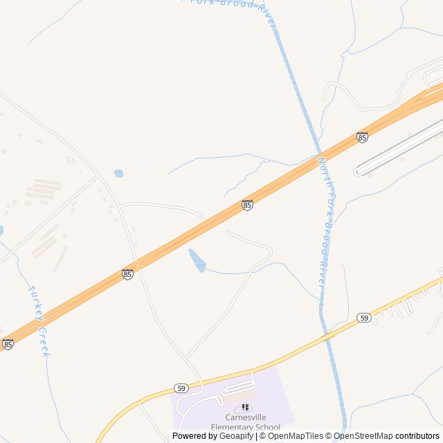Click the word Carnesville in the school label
point(246,417)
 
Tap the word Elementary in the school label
point(236,427)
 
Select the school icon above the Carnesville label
point(244,408)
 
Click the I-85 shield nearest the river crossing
point(362,137)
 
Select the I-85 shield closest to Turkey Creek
point(8,344)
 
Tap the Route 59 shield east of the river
point(364,318)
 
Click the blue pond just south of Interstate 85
point(197,260)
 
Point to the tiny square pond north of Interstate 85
point(118,174)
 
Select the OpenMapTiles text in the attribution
point(296,436)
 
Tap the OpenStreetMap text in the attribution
point(364,436)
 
